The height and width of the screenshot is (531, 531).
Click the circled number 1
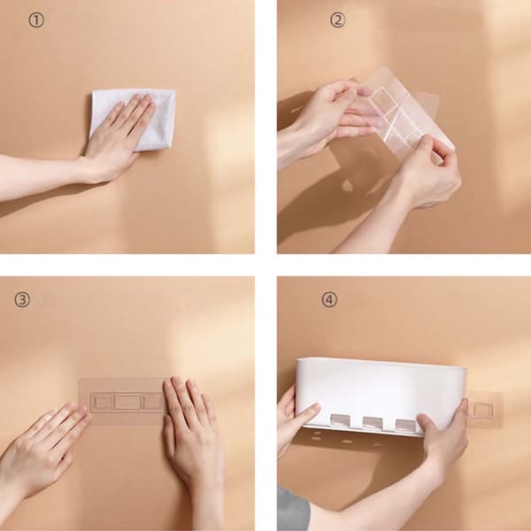pos(36,20)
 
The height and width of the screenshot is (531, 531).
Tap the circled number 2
pos(338,20)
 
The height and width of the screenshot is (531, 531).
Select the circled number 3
pos(21,300)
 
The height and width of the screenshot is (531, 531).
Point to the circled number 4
pos(329,300)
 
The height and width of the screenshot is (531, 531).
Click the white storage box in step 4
pos(381,396)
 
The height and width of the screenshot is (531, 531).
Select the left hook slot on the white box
pos(341,419)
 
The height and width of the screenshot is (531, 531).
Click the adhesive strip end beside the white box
pos(484,409)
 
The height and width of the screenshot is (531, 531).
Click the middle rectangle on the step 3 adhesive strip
pos(127,403)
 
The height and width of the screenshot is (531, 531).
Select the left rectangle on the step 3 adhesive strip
pos(103,403)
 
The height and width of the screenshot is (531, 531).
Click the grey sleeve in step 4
pos(293,508)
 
